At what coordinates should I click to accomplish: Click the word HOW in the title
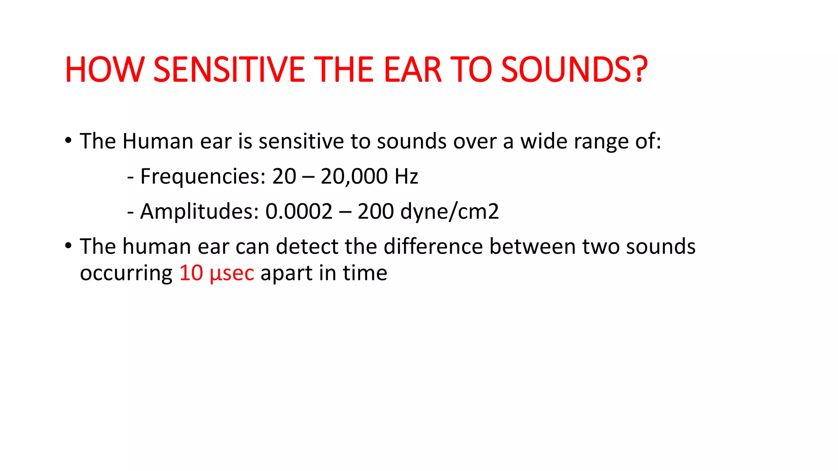point(105,70)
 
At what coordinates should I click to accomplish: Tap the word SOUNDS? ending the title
point(574,70)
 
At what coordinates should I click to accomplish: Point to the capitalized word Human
point(158,141)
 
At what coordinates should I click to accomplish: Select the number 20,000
point(354,177)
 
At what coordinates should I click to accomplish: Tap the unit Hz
point(406,177)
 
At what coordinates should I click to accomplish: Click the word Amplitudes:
point(200,212)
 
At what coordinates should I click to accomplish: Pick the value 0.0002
point(299,212)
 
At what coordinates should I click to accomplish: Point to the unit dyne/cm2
point(450,212)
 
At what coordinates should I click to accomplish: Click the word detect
point(307,247)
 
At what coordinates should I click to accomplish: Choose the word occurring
point(126,273)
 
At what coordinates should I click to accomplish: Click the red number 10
point(191,273)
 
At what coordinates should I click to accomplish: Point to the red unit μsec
point(232,273)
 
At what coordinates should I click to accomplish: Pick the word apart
point(286,273)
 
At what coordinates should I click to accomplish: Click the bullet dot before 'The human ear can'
point(68,246)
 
